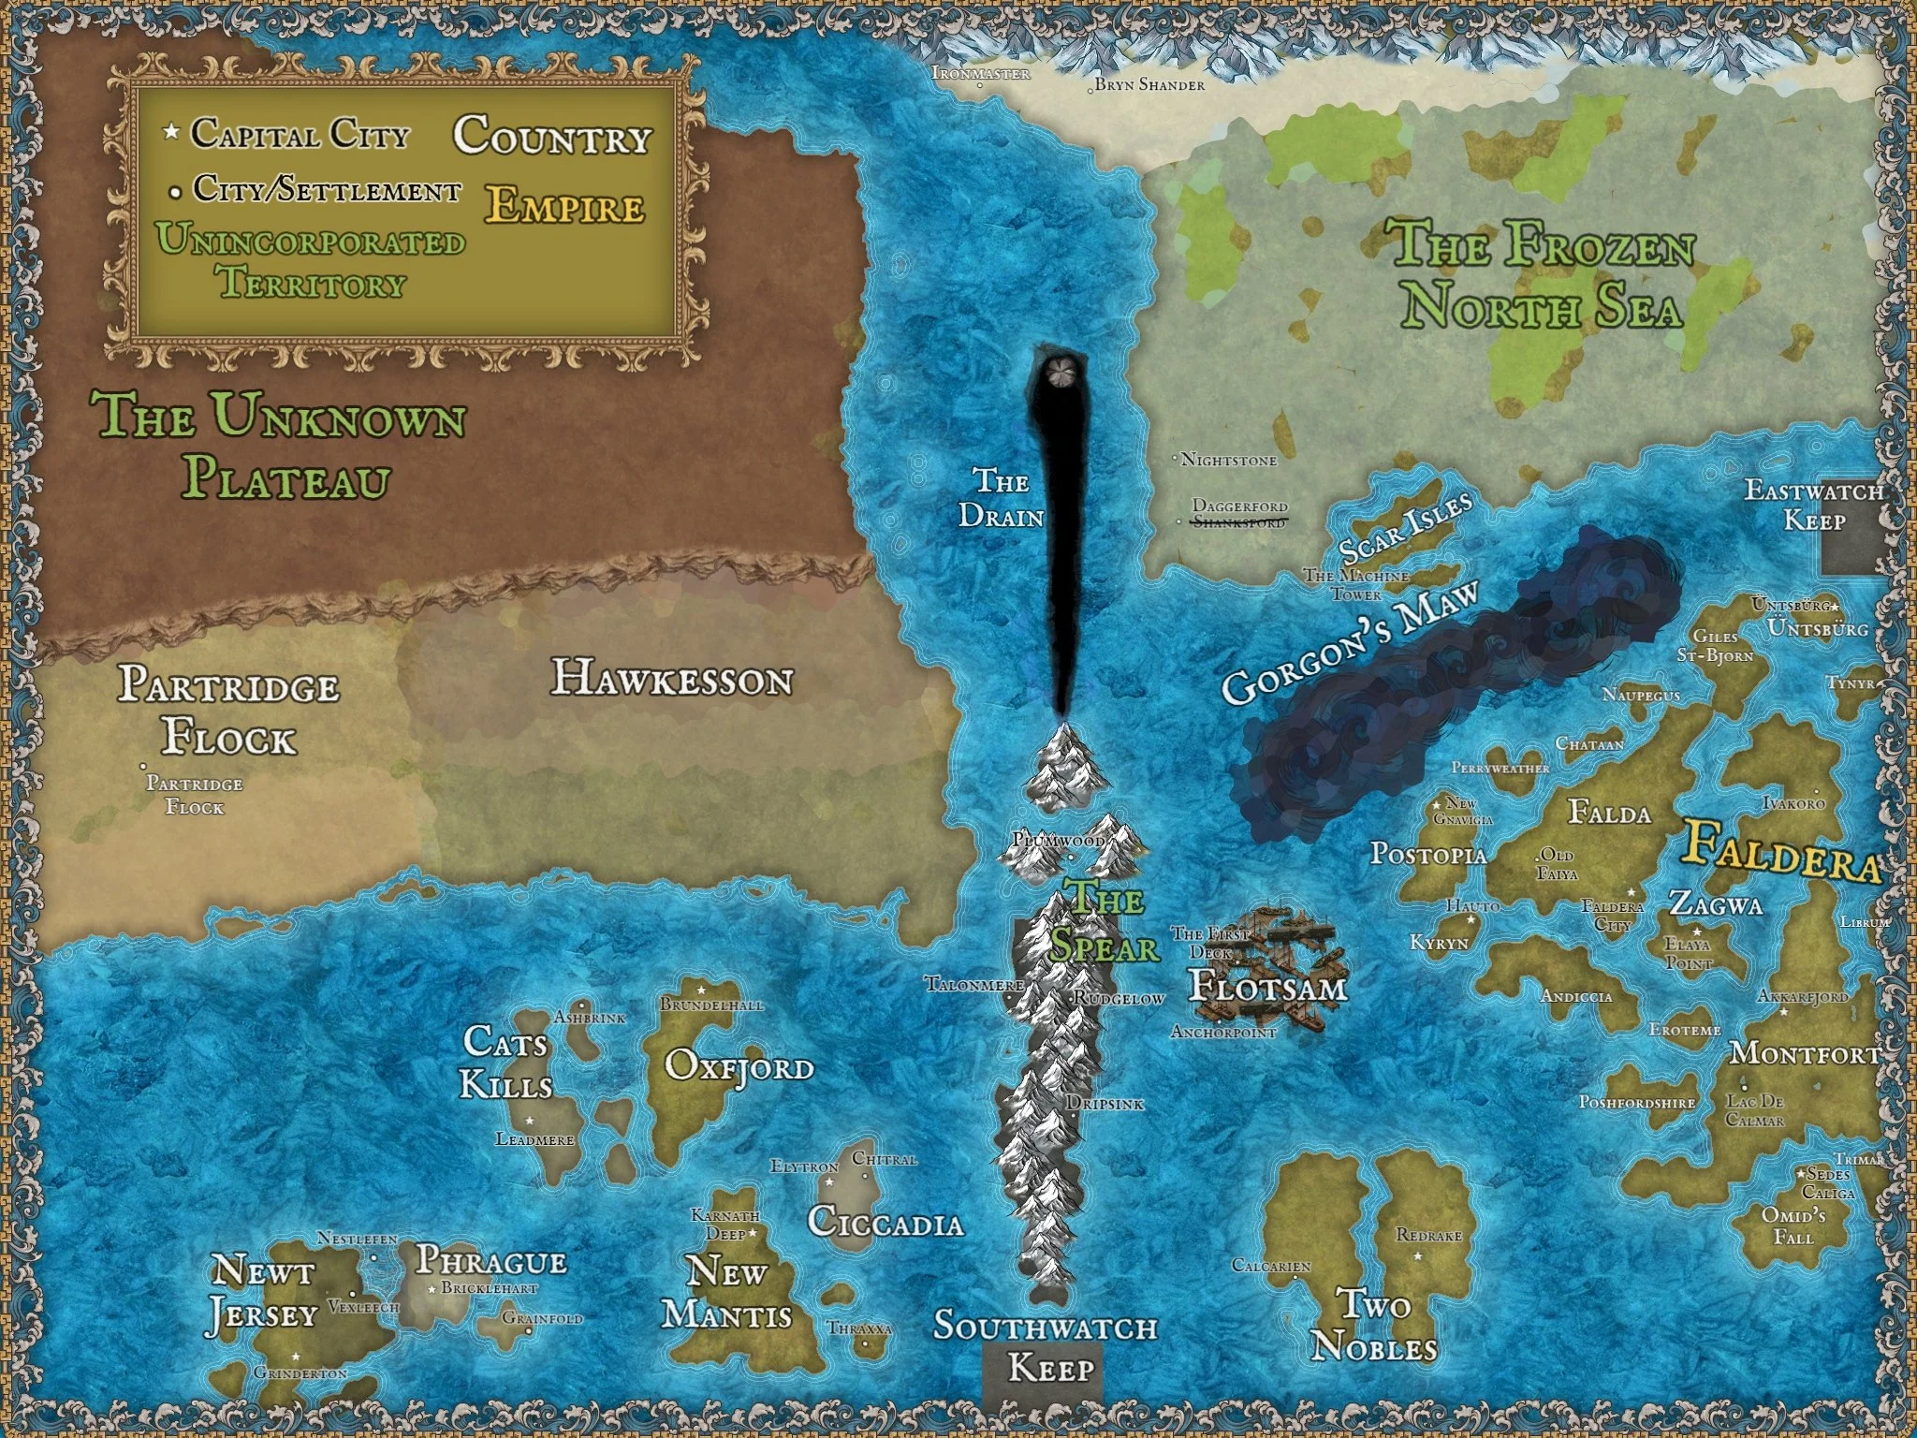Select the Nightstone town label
[1228, 460]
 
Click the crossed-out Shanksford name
[1237, 522]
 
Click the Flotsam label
[1268, 987]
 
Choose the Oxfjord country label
[739, 1066]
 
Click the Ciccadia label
[885, 1223]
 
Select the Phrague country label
[490, 1261]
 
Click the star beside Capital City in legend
[170, 134]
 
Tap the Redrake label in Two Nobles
[1428, 1235]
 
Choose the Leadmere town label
[534, 1139]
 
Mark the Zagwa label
[1716, 904]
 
